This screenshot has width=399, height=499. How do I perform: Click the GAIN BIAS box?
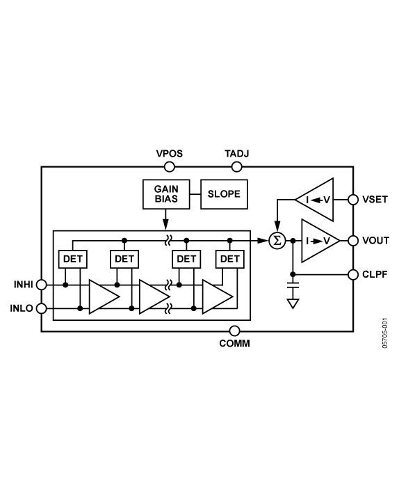165,194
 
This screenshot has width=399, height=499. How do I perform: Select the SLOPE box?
224,194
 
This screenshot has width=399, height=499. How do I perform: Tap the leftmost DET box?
72,259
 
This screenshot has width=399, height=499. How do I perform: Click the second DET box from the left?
124,259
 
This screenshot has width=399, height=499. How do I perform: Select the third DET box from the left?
186,259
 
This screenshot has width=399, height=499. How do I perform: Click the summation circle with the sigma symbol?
277,240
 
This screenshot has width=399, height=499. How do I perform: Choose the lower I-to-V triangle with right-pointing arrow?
319,241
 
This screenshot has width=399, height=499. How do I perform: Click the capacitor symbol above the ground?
293,285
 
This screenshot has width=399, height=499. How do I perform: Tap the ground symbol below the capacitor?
293,303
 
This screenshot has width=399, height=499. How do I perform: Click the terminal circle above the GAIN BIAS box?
169,167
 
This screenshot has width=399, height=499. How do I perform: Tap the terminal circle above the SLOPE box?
237,167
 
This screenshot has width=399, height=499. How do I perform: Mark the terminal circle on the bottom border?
235,331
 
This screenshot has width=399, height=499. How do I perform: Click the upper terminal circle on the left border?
42,285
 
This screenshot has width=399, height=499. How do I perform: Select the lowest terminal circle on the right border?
353,275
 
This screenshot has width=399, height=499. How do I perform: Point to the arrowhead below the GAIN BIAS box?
165,224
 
